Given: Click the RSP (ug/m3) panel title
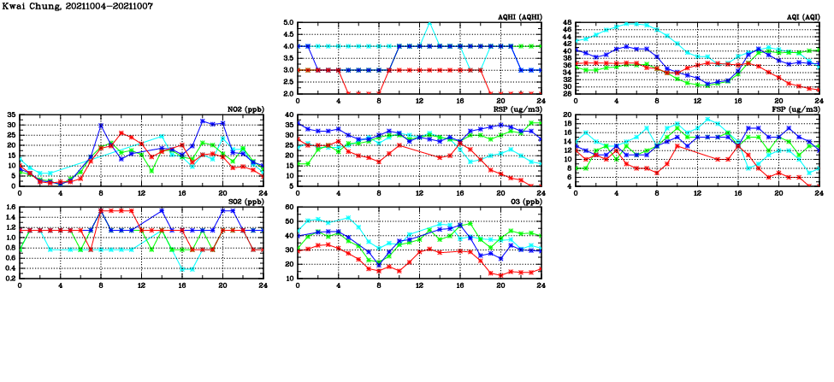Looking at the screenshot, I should (518, 109).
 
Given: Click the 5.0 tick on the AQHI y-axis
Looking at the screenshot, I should (289, 23).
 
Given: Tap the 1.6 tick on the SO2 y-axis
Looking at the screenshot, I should (9, 207).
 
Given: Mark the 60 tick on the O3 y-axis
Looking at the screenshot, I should (290, 207).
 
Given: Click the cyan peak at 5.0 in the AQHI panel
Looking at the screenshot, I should (429, 24).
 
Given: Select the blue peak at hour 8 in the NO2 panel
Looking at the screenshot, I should (101, 126).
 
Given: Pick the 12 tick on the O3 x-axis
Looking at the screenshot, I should (420, 285).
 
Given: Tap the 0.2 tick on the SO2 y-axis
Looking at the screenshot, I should (9, 278).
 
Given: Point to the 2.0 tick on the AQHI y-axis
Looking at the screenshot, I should (289, 93).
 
